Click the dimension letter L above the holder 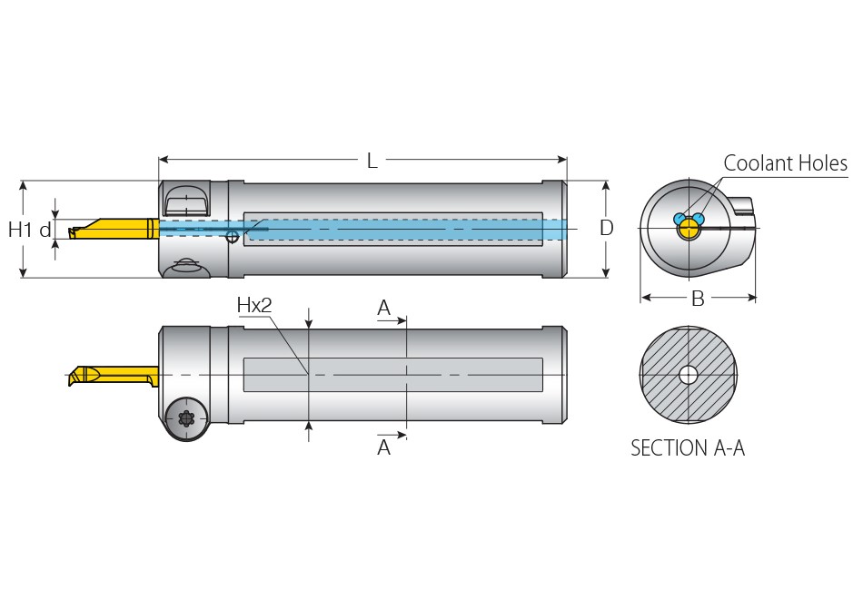point(372,162)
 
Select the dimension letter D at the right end point(607,228)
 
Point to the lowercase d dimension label point(45,230)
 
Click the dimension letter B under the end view point(698,299)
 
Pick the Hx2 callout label point(254,305)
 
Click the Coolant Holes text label point(785,163)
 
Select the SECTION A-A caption point(688,447)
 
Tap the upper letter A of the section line point(384,309)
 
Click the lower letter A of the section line point(384,447)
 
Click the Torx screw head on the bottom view point(187,418)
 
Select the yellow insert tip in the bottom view point(86,376)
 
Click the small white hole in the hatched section point(689,374)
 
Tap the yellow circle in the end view point(689,230)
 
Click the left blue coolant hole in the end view point(679,219)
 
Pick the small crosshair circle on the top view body point(233,237)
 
